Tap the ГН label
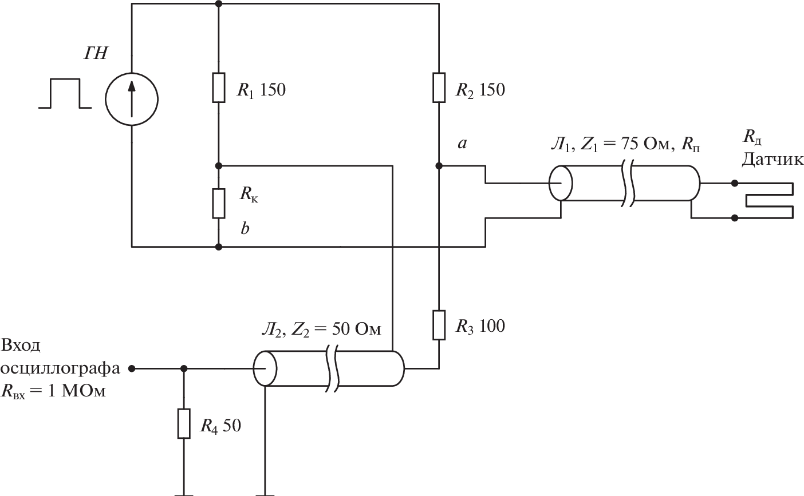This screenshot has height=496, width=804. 96,54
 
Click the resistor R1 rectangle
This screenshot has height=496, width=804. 219,87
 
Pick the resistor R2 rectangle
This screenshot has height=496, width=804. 439,88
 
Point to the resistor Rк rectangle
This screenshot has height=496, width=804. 219,203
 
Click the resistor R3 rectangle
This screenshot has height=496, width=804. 439,325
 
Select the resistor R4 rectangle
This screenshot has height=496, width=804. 183,423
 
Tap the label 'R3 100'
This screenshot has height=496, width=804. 480,326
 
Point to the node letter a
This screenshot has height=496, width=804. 462,144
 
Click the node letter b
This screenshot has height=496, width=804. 245,229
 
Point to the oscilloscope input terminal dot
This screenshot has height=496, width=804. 132,369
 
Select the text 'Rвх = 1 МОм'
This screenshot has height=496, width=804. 54,392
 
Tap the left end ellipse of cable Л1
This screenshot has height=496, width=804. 561,183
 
